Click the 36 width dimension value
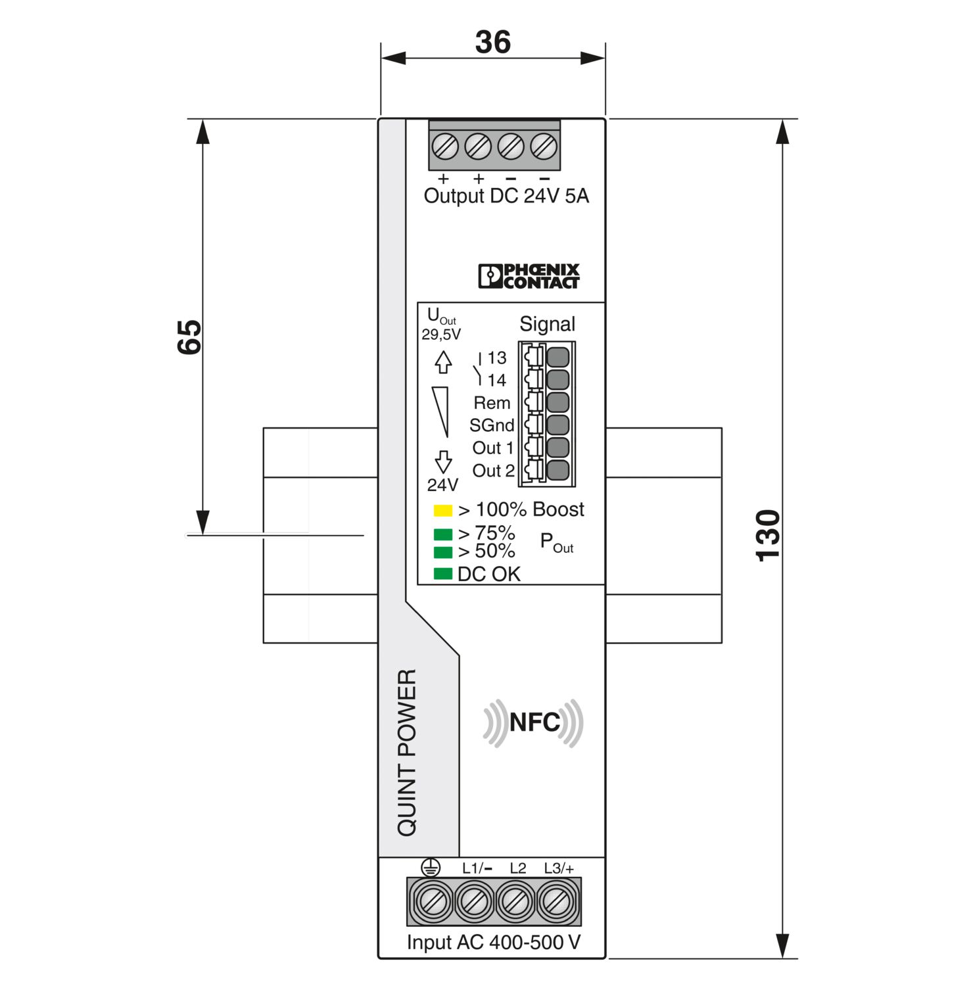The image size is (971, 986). click(x=492, y=42)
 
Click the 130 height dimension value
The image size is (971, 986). click(x=768, y=536)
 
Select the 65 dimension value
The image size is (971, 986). click(x=189, y=337)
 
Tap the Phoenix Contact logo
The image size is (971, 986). click(x=529, y=276)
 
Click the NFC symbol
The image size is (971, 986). click(x=533, y=722)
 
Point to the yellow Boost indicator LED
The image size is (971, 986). click(x=443, y=510)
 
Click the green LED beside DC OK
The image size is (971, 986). click(x=443, y=574)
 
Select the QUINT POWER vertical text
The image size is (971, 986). click(x=407, y=753)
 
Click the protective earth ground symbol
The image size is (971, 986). click(x=430, y=868)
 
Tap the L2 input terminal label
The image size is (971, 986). click(x=518, y=868)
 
